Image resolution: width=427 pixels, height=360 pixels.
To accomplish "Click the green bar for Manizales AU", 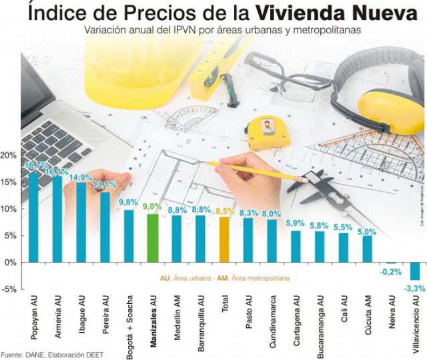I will (x=152, y=237).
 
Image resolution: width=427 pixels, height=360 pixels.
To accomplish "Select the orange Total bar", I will (x=224, y=239).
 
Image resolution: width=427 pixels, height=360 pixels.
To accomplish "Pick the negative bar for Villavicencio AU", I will (x=415, y=271).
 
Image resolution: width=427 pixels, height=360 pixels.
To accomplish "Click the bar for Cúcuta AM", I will (x=368, y=248).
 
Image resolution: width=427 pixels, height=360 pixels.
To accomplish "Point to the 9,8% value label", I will (x=128, y=202).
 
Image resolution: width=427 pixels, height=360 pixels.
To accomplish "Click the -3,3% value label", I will (x=414, y=288).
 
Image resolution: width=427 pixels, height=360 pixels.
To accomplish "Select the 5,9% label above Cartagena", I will (x=296, y=223).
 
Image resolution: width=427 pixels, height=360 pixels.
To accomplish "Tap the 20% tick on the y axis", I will (x=9, y=156).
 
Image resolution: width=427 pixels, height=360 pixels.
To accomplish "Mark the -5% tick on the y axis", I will (x=9, y=289).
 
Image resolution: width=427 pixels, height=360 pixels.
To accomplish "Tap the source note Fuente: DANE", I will (x=50, y=354).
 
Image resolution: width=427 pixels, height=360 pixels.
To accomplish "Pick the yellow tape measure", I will (x=266, y=132).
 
